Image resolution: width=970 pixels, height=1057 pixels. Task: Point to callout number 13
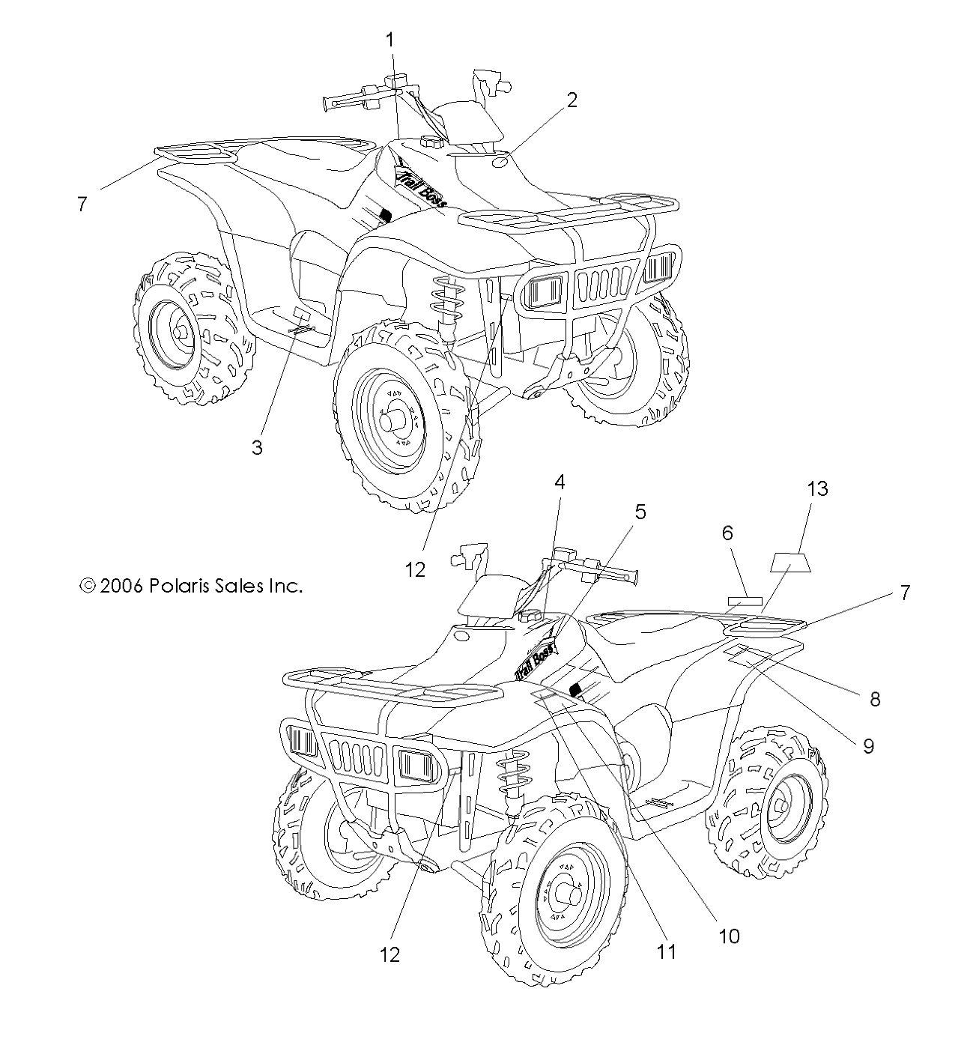tap(817, 488)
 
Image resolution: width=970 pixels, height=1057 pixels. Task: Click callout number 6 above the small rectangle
tap(727, 533)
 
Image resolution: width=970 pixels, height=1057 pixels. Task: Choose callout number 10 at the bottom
tap(729, 936)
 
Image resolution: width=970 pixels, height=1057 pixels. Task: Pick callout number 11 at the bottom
tap(666, 951)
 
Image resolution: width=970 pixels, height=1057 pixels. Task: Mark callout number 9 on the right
tap(868, 746)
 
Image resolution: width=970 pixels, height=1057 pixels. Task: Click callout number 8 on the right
tap(874, 700)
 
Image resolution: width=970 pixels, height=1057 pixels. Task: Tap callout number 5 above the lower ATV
tap(640, 512)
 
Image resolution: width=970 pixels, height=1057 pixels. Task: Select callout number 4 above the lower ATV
tap(559, 482)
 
